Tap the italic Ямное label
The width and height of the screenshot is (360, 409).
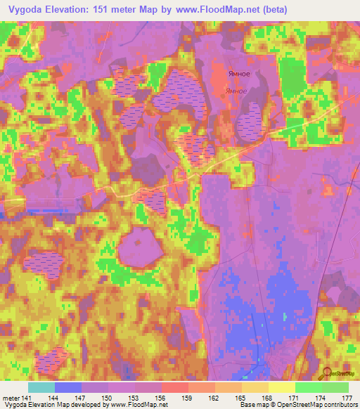click(x=236, y=91)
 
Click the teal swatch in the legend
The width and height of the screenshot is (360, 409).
click(x=41, y=387)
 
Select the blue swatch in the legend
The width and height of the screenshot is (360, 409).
click(x=67, y=387)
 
